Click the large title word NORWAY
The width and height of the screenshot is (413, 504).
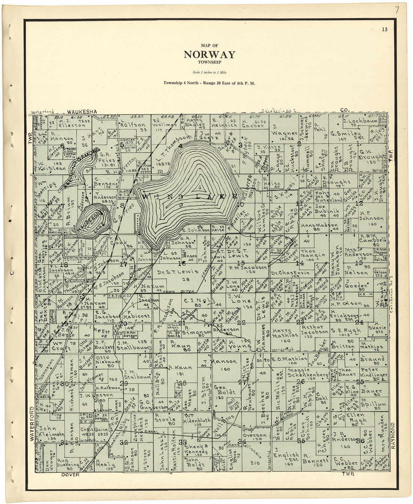point(210,55)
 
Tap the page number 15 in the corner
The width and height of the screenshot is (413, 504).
point(384,29)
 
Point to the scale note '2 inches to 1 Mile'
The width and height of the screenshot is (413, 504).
point(210,72)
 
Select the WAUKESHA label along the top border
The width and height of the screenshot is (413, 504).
point(82,112)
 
